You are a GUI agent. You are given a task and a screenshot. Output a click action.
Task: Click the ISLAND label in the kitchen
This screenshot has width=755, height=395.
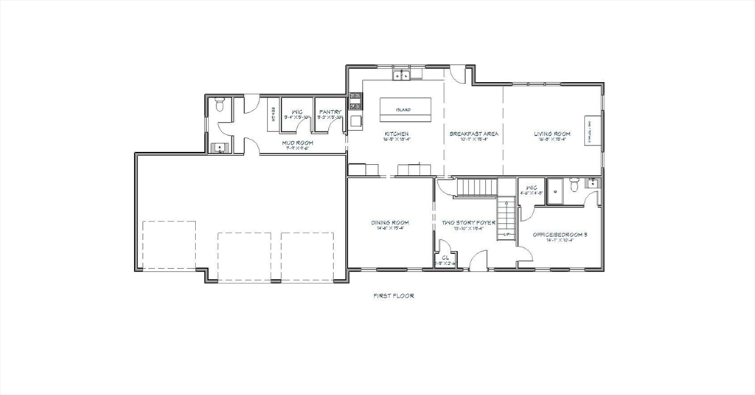[x=403, y=110]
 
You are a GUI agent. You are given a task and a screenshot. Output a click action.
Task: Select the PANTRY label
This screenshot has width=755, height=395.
[x=330, y=112]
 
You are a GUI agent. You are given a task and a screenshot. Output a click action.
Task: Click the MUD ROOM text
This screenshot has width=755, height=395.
[x=297, y=142]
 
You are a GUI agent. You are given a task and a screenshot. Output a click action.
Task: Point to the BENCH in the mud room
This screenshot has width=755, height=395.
[x=272, y=115]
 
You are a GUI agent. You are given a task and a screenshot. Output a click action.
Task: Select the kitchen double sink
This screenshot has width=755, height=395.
[x=402, y=75]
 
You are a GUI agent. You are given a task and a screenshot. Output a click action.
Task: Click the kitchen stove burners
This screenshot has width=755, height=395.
[x=354, y=101]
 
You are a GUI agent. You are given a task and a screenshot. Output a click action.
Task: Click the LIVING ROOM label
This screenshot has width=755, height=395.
[x=552, y=134]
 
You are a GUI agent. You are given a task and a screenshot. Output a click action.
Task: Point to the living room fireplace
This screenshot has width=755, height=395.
[x=591, y=131]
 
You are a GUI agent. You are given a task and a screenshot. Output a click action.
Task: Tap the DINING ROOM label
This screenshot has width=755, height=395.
[x=389, y=222]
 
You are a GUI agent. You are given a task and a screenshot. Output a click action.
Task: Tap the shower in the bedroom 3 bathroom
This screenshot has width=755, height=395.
[x=558, y=189]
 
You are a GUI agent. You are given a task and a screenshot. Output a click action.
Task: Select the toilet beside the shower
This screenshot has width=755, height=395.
[x=575, y=185]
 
